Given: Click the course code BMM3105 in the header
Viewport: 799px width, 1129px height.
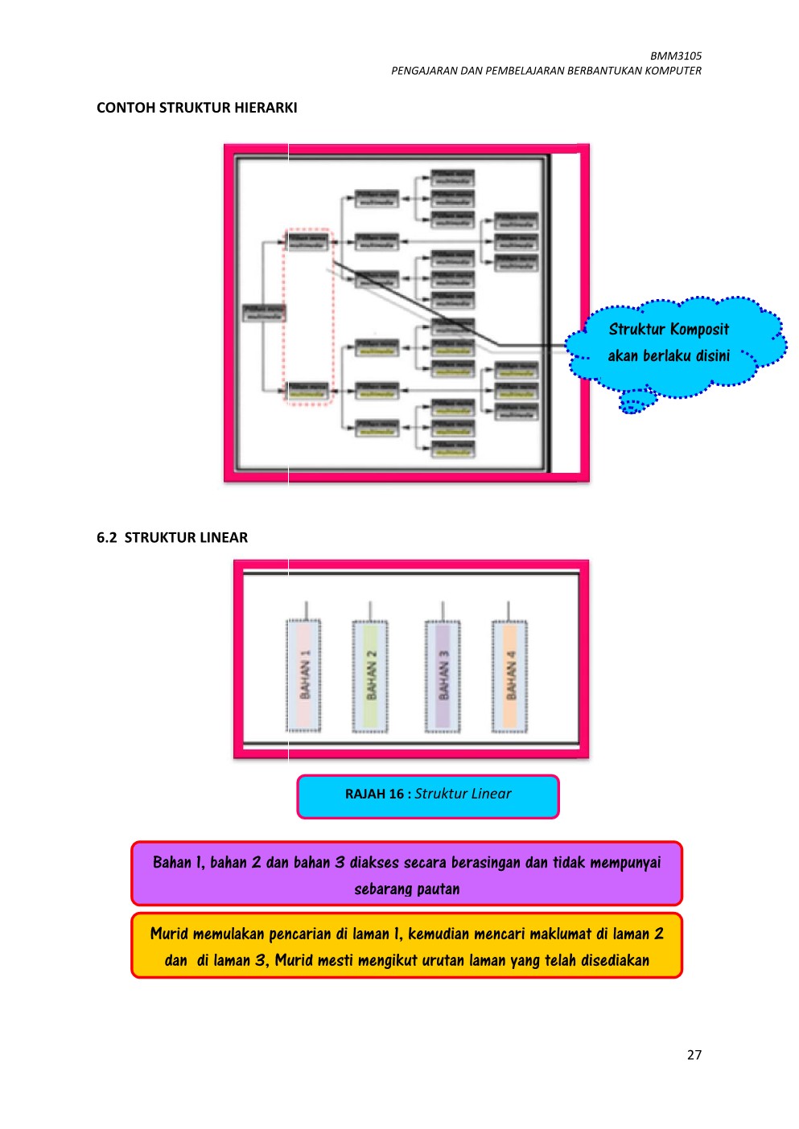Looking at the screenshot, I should (x=675, y=56).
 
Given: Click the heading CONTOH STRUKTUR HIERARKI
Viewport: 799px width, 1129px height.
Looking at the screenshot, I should (x=196, y=108).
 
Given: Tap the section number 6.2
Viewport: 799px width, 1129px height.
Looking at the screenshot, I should (x=106, y=538).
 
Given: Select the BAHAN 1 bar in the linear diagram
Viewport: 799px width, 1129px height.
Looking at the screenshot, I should (x=304, y=675).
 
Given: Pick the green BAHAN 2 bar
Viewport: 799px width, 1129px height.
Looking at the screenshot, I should (x=370, y=676).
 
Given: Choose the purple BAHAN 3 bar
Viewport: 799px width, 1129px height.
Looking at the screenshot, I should (x=443, y=676).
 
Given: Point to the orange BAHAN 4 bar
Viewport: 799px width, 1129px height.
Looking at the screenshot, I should (x=509, y=676).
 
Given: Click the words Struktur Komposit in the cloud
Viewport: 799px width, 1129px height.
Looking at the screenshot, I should (x=669, y=330).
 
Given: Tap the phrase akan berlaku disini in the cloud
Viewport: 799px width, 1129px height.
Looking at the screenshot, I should (x=669, y=356).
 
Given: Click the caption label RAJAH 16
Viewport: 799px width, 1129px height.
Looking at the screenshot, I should (x=374, y=794).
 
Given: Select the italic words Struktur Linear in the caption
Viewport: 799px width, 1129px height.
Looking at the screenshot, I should (x=463, y=794).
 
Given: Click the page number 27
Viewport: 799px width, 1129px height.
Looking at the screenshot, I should (x=694, y=1055).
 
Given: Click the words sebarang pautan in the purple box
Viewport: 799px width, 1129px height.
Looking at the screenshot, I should (x=407, y=889).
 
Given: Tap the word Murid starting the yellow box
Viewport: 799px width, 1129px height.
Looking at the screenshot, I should (x=169, y=934).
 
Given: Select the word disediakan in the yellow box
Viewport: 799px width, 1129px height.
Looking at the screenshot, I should (x=615, y=961).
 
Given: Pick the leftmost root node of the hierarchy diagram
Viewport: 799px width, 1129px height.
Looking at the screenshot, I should (x=264, y=312).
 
